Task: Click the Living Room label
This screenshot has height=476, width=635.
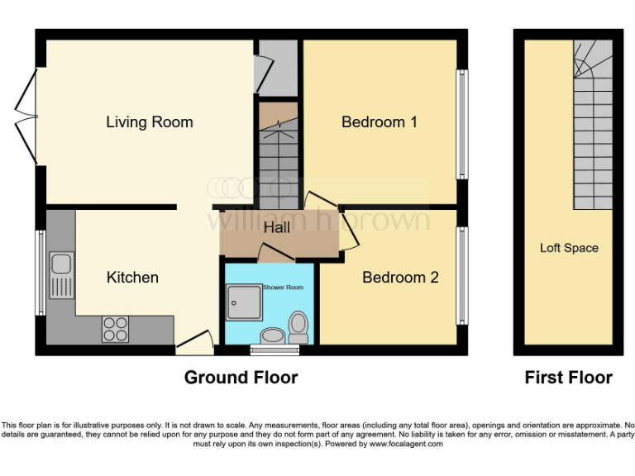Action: click(150, 122)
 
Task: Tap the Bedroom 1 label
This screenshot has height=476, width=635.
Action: click(380, 122)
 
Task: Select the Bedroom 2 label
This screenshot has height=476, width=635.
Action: click(400, 278)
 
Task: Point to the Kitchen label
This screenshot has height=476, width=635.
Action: click(132, 278)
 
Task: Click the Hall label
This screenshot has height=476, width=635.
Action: click(277, 227)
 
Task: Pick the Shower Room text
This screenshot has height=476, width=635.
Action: click(283, 288)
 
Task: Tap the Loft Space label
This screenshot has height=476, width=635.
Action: click(569, 248)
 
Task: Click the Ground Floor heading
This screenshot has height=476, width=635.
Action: click(241, 378)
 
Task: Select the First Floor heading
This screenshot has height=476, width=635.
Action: click(569, 378)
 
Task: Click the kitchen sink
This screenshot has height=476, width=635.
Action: click(61, 276)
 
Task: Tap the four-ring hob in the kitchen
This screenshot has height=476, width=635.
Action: click(114, 329)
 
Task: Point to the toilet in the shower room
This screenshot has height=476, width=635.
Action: click(298, 326)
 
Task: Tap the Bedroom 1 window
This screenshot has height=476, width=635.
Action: click(461, 124)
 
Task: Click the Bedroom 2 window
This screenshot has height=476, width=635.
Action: click(461, 277)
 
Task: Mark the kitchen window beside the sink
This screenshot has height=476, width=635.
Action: click(39, 273)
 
